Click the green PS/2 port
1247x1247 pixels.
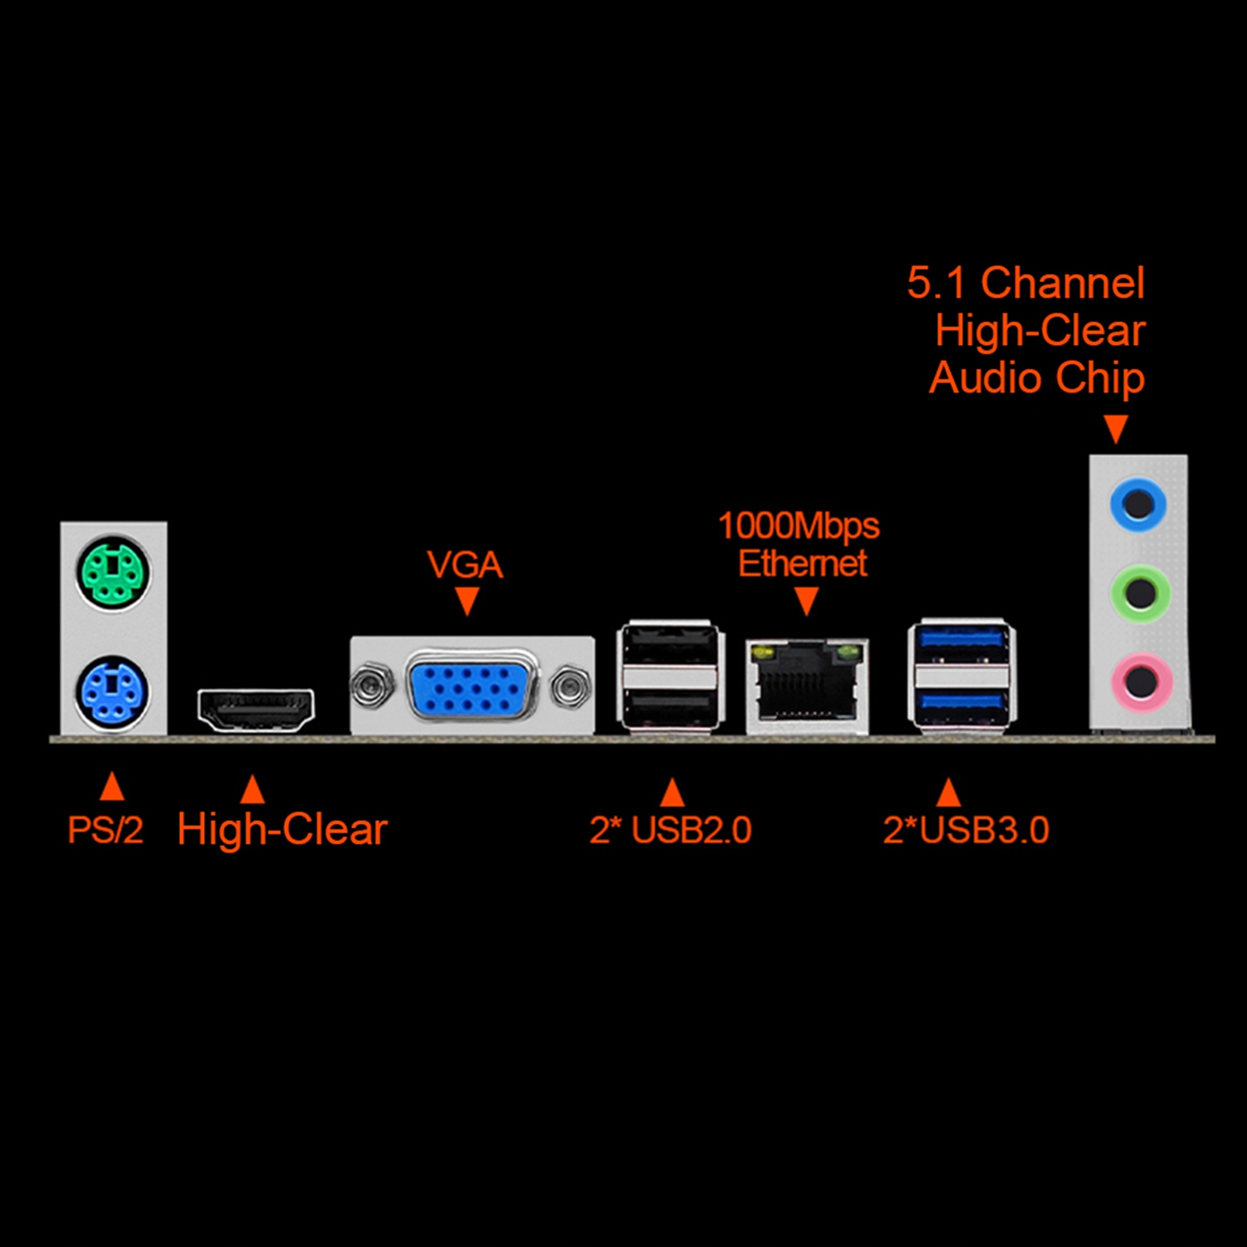tap(114, 573)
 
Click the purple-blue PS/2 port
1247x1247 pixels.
tap(114, 693)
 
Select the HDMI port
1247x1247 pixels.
tap(255, 710)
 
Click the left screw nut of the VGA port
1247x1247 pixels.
tap(371, 685)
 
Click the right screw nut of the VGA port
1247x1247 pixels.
tap(570, 686)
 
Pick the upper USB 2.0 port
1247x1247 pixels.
tap(671, 645)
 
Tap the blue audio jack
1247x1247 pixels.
tap(1138, 505)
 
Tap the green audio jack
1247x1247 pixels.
tap(1140, 594)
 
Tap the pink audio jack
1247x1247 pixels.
tap(1141, 682)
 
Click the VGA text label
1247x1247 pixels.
tap(465, 565)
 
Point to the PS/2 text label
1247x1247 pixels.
tap(105, 830)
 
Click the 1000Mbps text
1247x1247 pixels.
tap(798, 527)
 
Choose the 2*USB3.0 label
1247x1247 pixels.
tap(966, 830)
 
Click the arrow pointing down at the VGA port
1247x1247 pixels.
tap(467, 601)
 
